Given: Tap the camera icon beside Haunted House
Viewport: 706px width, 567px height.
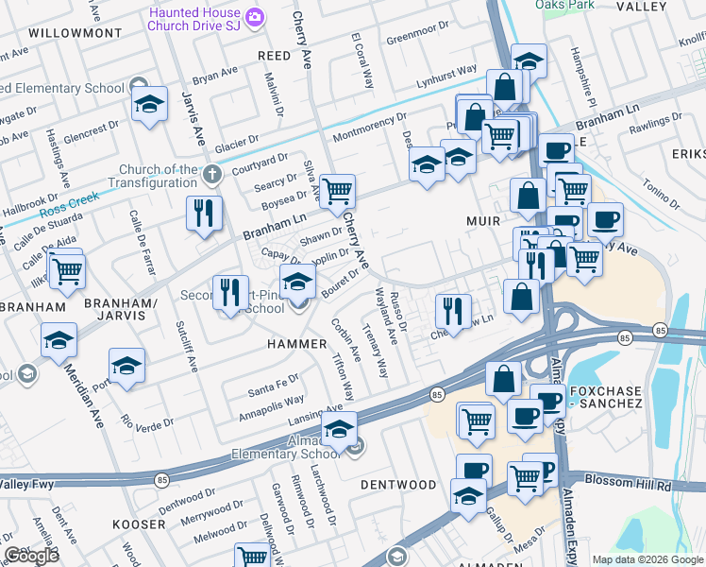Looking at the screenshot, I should point(254,18).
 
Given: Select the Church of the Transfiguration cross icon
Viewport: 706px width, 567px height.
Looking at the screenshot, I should point(212,175).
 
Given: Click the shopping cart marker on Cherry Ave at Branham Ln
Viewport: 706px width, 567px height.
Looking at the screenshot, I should point(337,192).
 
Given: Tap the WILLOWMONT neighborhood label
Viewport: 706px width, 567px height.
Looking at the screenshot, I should point(76,33).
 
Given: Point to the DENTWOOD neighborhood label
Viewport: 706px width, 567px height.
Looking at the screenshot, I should point(398,485).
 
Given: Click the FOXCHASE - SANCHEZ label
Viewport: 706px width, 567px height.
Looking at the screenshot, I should point(601,395).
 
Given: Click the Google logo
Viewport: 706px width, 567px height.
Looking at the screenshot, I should point(31,556).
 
